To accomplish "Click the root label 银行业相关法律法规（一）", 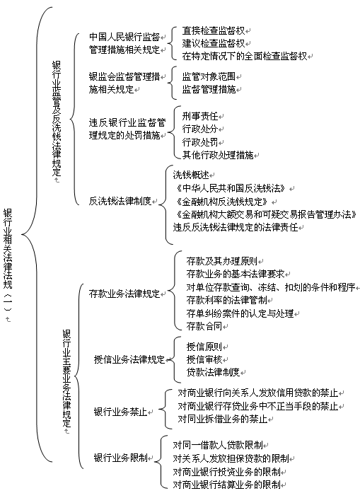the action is pyautogui.click(x=8, y=262).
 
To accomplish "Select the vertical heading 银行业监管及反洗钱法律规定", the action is pyautogui.click(x=57, y=118).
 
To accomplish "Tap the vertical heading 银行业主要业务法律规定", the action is pyautogui.click(x=66, y=378).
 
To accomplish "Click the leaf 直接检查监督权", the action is pyautogui.click(x=214, y=30).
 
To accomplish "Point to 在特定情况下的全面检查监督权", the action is pyautogui.click(x=245, y=56).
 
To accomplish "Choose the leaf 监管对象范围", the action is pyautogui.click(x=209, y=76).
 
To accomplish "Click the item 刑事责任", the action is pyautogui.click(x=200, y=116).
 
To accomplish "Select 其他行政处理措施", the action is pyautogui.click(x=218, y=155).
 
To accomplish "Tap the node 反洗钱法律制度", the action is pyautogui.click(x=120, y=201).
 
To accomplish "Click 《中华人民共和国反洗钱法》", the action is pyautogui.click(x=231, y=188).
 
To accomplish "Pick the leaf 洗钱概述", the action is pyautogui.click(x=191, y=175).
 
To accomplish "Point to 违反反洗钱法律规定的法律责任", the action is pyautogui.click(x=236, y=227).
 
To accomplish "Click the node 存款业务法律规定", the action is pyautogui.click(x=124, y=294).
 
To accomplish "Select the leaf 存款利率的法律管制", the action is pyautogui.click(x=226, y=300).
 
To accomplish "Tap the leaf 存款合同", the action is pyautogui.click(x=204, y=326).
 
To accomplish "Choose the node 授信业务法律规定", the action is pyautogui.click(x=129, y=359).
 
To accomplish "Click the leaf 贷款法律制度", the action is pyautogui.click(x=213, y=372).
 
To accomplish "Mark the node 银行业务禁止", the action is pyautogui.click(x=121, y=412).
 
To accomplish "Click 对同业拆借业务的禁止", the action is pyautogui.click(x=223, y=419).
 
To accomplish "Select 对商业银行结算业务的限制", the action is pyautogui.click(x=226, y=485).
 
